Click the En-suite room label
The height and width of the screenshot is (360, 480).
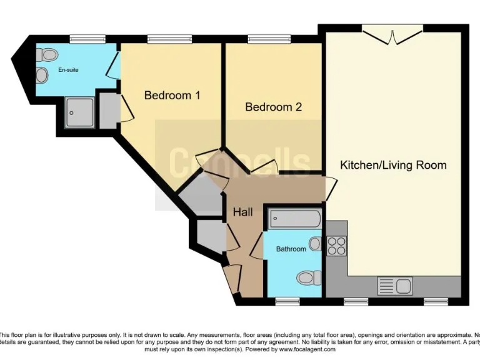(68, 70)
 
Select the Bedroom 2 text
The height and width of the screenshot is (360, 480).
(273, 107)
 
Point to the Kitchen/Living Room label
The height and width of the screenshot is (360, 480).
(393, 165)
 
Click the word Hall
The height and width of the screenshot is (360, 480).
(242, 212)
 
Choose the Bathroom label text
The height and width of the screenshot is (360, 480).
(291, 249)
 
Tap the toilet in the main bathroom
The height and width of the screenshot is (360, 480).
(309, 276)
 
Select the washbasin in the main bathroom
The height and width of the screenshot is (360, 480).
(314, 244)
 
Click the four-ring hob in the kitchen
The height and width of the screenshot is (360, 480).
(337, 246)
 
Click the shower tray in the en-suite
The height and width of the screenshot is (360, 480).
(78, 112)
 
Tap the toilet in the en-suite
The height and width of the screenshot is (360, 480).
(44, 55)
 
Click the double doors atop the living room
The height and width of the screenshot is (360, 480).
(392, 34)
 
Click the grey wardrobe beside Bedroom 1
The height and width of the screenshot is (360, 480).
(108, 109)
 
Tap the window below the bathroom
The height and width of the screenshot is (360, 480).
(287, 301)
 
